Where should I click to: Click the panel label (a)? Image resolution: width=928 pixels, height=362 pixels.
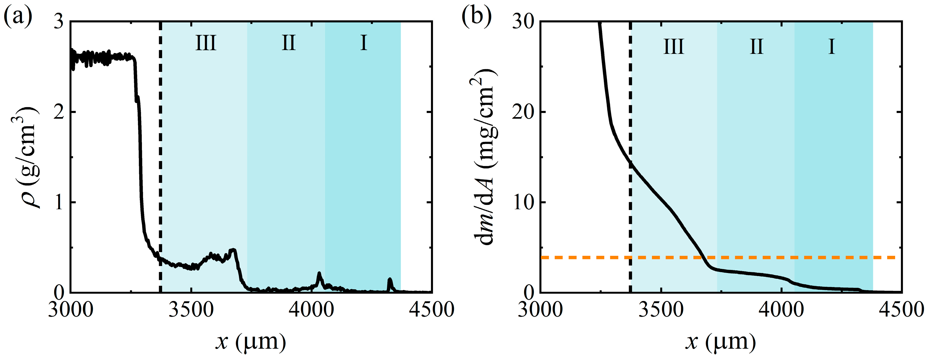click(x=18, y=17)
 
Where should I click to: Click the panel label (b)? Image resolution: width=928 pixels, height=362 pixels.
click(x=477, y=17)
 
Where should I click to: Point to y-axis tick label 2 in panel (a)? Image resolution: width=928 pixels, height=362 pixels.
click(x=59, y=113)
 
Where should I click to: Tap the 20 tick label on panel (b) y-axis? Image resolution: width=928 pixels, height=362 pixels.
click(x=523, y=113)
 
